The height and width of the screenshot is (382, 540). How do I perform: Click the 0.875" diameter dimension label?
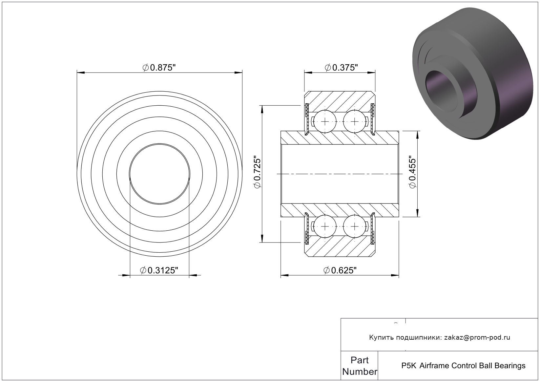point(159,68)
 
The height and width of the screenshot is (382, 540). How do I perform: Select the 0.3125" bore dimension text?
point(159,270)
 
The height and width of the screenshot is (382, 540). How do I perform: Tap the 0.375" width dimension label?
point(341,68)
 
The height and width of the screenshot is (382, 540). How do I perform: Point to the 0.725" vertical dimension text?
point(257,173)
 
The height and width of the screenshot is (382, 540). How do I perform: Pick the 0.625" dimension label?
point(340,270)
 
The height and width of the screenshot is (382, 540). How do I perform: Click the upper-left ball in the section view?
point(325,121)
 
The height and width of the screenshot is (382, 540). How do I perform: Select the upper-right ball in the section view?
point(354,121)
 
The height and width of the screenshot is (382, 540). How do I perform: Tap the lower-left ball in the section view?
point(325,226)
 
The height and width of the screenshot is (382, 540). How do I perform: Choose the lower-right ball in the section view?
point(354,226)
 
